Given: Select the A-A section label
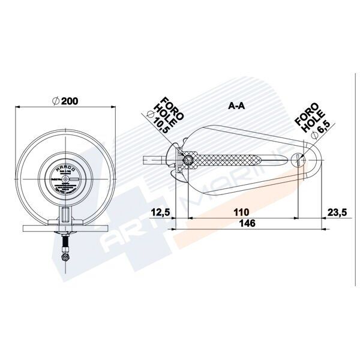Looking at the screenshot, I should [236, 105].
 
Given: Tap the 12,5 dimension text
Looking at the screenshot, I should [161, 212].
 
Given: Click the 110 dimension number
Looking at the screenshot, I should [242, 212].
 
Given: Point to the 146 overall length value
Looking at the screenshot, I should [246, 224].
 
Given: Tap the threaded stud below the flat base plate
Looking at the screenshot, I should [64, 244].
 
